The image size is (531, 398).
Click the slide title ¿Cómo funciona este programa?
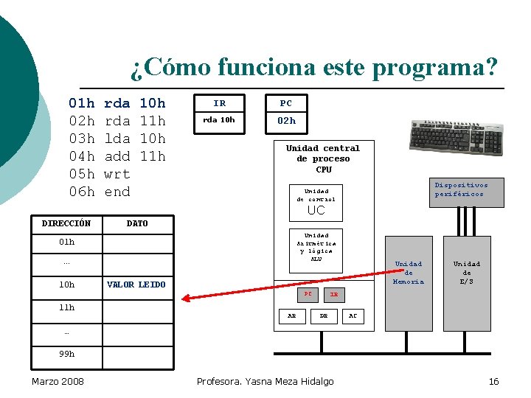[x=314, y=67]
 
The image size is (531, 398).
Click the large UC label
[x=316, y=210]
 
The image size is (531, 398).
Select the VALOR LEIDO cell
[x=136, y=284]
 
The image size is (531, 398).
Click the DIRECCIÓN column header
[x=66, y=223]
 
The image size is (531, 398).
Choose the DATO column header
[x=137, y=223]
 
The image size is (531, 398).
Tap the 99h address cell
[x=66, y=354]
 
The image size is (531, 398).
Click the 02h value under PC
[x=286, y=121]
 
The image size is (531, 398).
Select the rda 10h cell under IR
[x=219, y=121]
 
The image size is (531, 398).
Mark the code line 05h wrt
[x=99, y=174]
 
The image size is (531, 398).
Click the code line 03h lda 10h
[x=117, y=139]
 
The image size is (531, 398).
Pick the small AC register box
[x=353, y=315]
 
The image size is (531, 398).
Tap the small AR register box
[x=292, y=315]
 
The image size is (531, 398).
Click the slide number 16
[x=493, y=381]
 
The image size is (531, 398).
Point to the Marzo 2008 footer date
[x=58, y=381]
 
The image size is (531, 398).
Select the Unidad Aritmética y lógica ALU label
[x=316, y=247]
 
